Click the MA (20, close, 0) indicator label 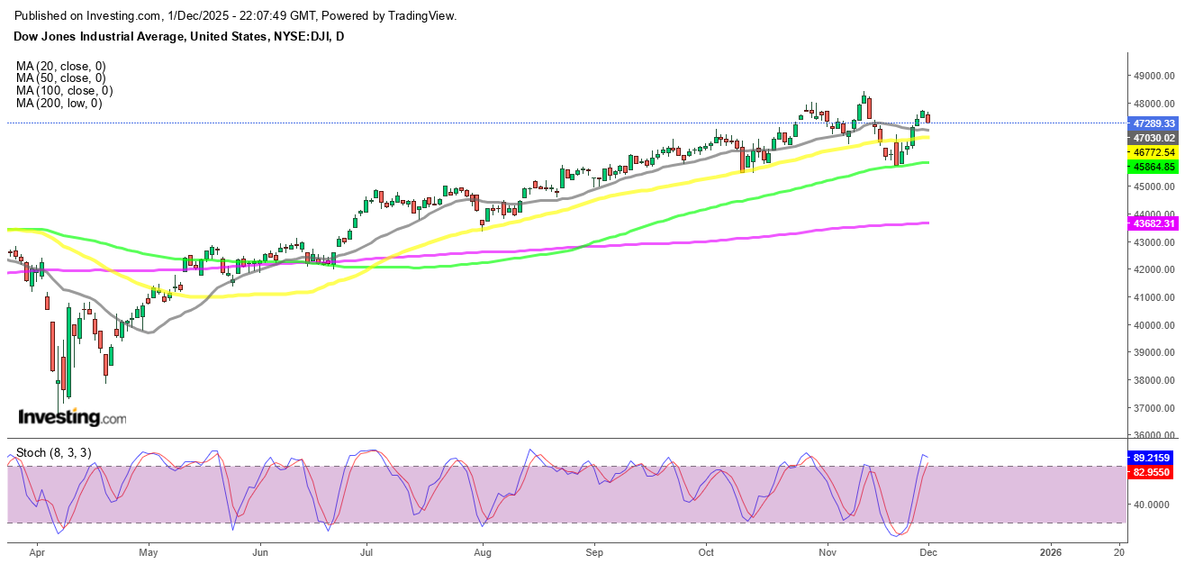(60, 66)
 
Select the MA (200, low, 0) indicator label (59, 104)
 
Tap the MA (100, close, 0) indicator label (64, 91)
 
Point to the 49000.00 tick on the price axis (1153, 77)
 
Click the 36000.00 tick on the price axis (1153, 436)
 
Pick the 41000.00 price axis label (1153, 297)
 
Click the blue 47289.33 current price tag (1154, 123)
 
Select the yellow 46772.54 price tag (1154, 153)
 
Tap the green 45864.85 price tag (1154, 167)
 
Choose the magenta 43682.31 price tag (1154, 223)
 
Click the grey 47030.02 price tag (1154, 138)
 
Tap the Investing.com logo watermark (72, 418)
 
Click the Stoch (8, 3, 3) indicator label (54, 452)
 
